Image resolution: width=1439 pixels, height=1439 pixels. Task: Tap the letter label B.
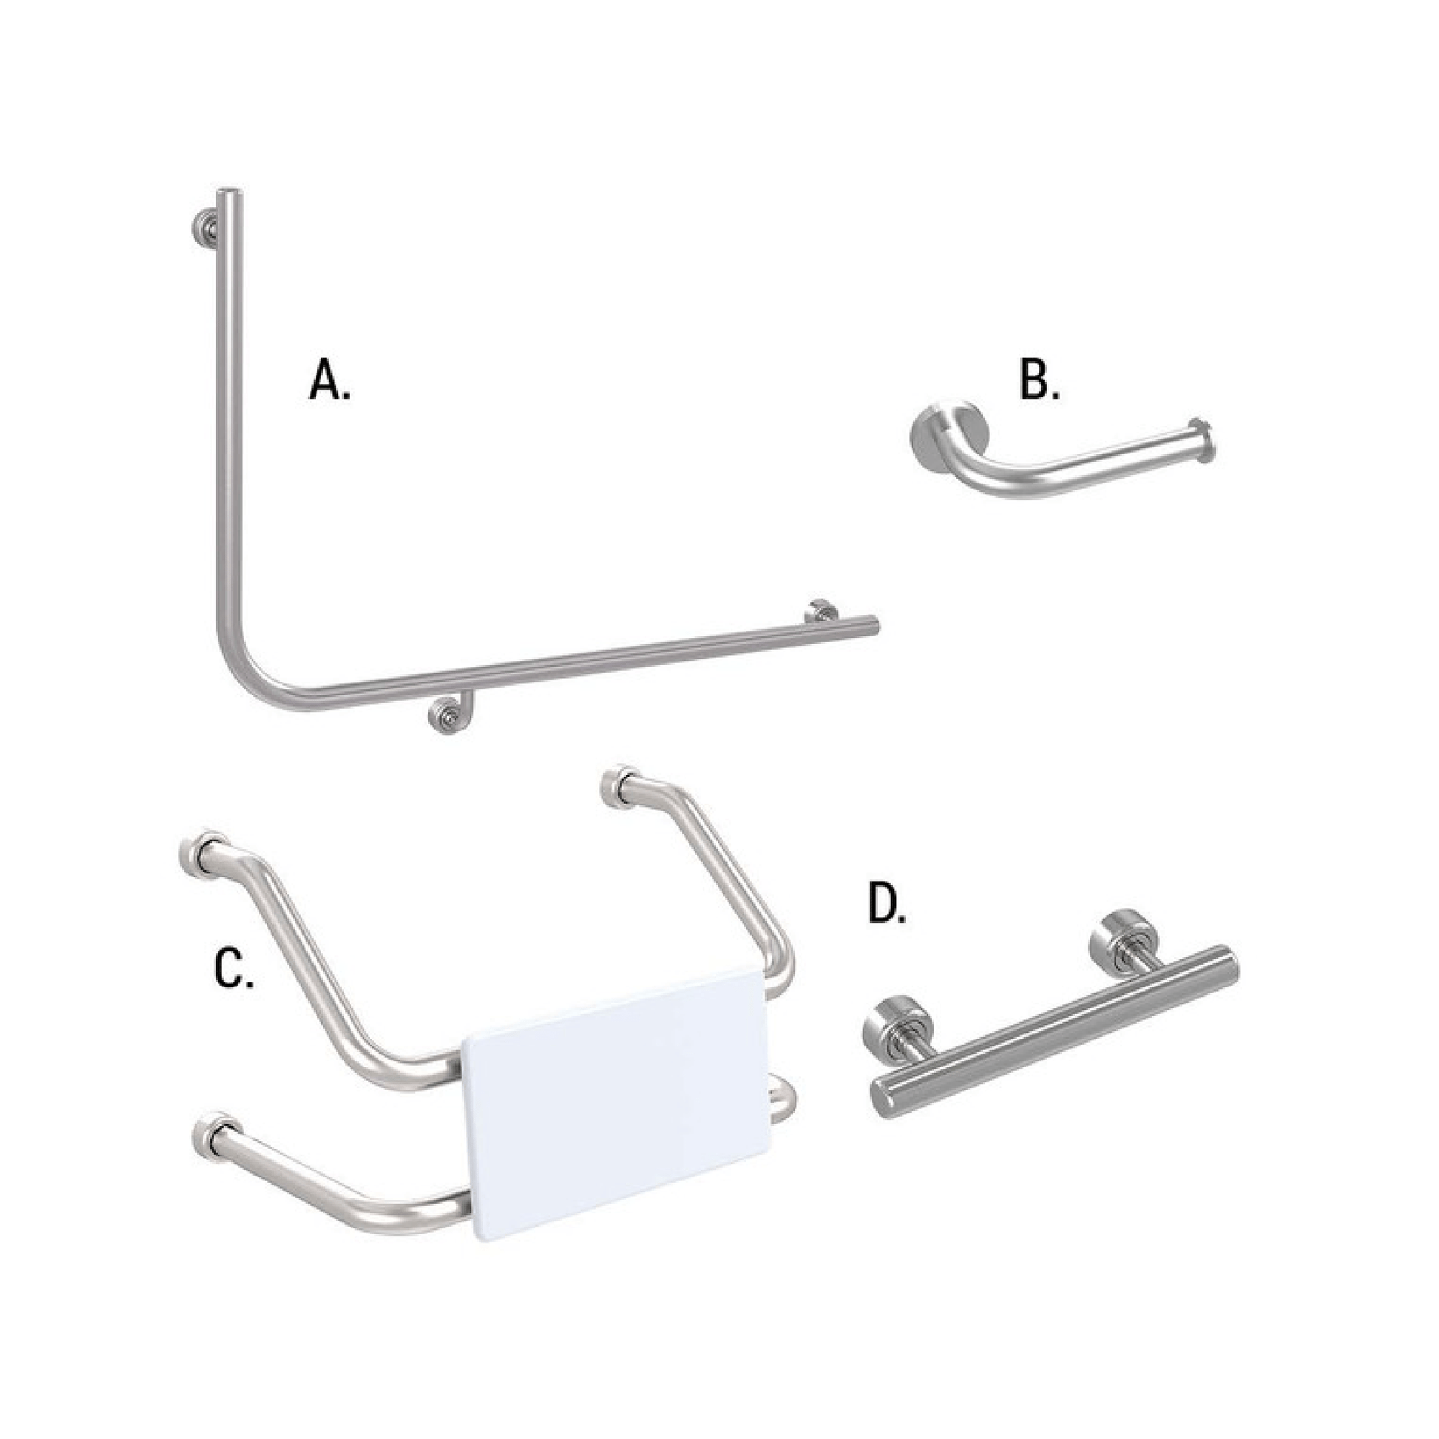click(x=1039, y=382)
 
